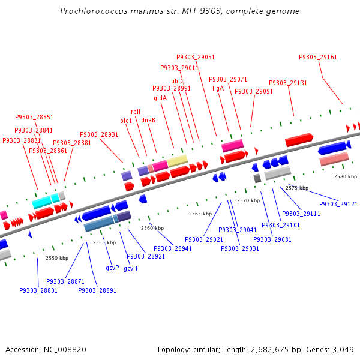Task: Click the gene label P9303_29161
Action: [318, 57]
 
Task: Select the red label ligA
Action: [218, 88]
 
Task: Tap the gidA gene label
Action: [160, 98]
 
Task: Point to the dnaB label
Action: [148, 120]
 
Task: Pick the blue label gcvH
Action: [130, 268]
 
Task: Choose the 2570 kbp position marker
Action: [248, 200]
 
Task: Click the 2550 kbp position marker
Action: [57, 258]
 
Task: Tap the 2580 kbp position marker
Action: [345, 176]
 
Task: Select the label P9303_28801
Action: [38, 290]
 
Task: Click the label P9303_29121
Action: [338, 204]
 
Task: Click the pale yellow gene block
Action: [178, 161]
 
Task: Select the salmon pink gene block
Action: [334, 159]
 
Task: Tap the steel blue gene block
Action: [99, 224]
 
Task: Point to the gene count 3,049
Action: [343, 349]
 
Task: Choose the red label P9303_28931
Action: [99, 134]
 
